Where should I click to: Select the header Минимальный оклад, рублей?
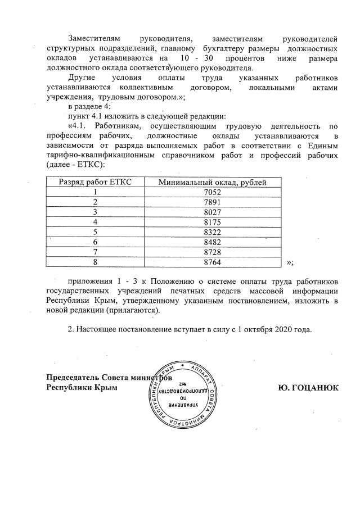pyautogui.click(x=212, y=181)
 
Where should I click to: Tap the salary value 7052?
pyautogui.click(x=212, y=192)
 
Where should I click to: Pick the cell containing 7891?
pyautogui.click(x=212, y=202)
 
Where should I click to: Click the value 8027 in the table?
pyautogui.click(x=212, y=212)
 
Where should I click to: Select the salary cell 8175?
pyautogui.click(x=212, y=222)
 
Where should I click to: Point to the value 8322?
pyautogui.click(x=212, y=232)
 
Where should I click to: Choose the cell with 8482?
pyautogui.click(x=212, y=242)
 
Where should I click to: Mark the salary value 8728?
pyautogui.click(x=212, y=252)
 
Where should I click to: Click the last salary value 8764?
pyautogui.click(x=212, y=262)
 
